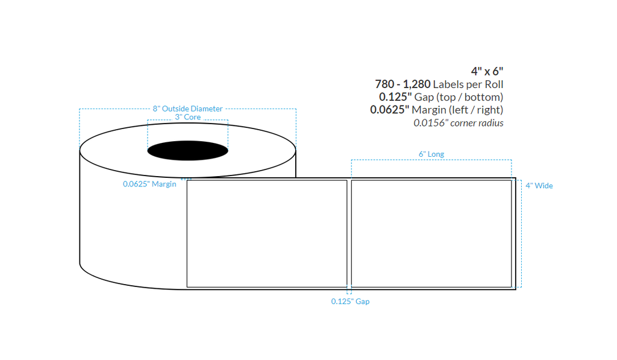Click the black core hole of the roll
(188, 150)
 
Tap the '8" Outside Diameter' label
(187, 109)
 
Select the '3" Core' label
(188, 117)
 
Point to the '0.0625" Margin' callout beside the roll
(149, 184)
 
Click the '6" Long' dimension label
(431, 154)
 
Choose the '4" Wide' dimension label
(539, 186)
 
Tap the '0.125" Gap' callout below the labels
(350, 302)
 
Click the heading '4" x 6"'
(487, 71)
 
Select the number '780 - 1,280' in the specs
(402, 84)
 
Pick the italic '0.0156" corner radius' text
(458, 123)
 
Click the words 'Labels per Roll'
(468, 84)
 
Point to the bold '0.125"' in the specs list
(394, 97)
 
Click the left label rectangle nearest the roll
(267, 233)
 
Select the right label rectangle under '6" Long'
(431, 233)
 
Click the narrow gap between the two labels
(349, 233)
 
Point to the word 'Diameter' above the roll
(207, 109)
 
